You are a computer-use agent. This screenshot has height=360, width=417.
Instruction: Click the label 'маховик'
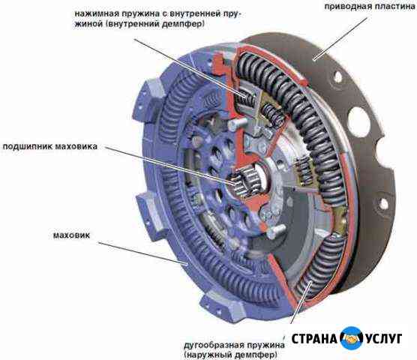pos(71,235)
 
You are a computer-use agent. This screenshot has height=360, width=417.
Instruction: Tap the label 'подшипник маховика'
pos(50,146)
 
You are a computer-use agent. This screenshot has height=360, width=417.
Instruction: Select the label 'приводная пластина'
pos(370,7)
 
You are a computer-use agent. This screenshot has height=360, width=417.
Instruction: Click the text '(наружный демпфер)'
pos(230,355)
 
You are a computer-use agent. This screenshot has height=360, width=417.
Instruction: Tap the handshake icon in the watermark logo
pos(352,338)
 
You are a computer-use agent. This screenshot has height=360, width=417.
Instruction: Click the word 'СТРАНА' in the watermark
pos(314,339)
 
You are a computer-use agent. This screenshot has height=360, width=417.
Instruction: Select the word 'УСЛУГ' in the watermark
pos(383,339)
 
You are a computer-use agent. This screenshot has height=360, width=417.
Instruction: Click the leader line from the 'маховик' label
pos(143,253)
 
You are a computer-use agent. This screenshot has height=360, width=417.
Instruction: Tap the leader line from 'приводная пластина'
pos(340,38)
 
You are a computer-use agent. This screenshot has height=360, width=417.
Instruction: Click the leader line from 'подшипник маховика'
pos(170,165)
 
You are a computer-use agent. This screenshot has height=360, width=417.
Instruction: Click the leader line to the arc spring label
pos(301,303)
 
